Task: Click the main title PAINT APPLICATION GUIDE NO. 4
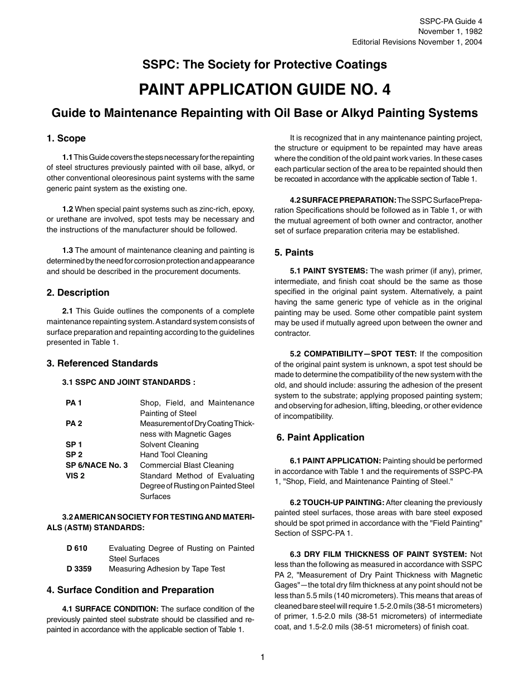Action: click(x=264, y=89)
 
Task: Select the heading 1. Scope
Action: click(x=66, y=138)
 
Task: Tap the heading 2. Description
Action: click(x=78, y=292)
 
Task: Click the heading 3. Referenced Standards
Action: click(x=102, y=363)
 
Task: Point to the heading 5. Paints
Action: click(x=293, y=252)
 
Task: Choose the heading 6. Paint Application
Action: click(x=320, y=437)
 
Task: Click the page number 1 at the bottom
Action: click(x=262, y=657)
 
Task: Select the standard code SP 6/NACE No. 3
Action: click(x=96, y=465)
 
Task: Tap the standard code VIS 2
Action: click(x=75, y=476)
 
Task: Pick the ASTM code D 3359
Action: click(x=79, y=569)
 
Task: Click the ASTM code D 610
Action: click(x=77, y=548)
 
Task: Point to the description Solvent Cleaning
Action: click(x=169, y=444)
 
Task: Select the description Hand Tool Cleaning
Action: click(x=173, y=454)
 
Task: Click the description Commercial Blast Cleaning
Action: click(x=187, y=465)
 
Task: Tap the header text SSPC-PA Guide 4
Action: click(x=450, y=21)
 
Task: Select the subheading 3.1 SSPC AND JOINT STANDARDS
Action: click(x=128, y=382)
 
